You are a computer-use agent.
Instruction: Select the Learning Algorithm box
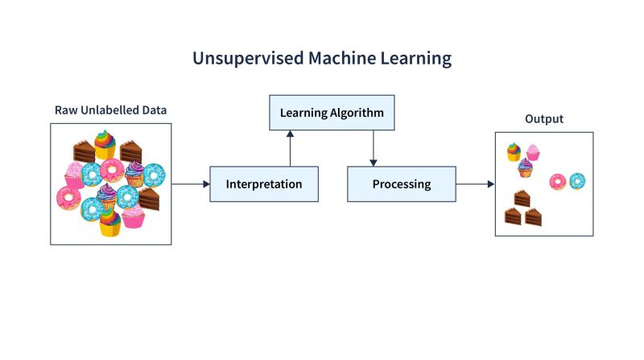coord(332,113)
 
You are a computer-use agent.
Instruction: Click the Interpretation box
coord(264,184)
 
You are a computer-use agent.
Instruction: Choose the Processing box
coord(401,184)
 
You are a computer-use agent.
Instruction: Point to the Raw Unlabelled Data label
coord(110,110)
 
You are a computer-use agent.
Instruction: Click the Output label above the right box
coord(543,119)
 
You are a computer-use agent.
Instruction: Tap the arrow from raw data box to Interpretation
coord(190,184)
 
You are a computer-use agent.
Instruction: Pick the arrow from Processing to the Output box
coord(475,184)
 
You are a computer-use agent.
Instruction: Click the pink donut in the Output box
coord(557,181)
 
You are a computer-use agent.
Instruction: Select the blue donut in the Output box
coord(577,181)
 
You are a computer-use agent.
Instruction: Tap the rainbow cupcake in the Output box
coord(514,152)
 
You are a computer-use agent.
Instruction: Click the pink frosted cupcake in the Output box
coord(532,152)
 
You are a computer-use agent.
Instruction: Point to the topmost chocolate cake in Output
coord(522,198)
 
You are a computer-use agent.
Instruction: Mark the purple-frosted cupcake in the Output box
coord(525,168)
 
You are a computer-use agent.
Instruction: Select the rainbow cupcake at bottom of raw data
coord(109,223)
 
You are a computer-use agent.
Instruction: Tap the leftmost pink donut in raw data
coord(68,197)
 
